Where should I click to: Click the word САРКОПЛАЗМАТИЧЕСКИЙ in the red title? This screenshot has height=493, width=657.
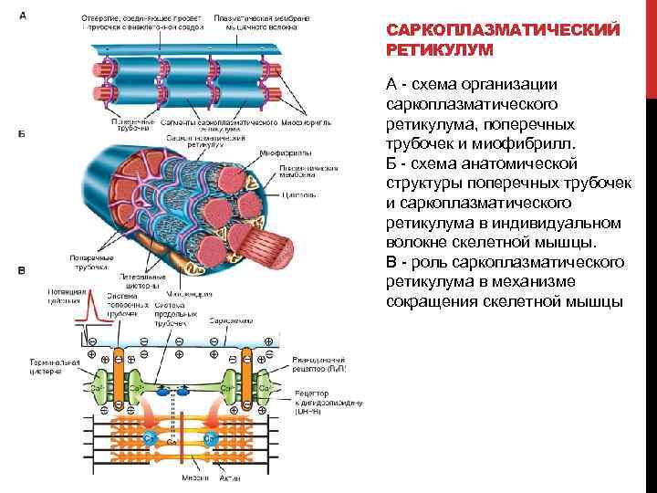click(x=504, y=29)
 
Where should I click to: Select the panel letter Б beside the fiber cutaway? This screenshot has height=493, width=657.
click(x=21, y=134)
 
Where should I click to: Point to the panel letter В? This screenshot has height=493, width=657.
click(x=21, y=270)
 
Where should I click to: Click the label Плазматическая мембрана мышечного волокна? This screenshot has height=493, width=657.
click(x=251, y=23)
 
